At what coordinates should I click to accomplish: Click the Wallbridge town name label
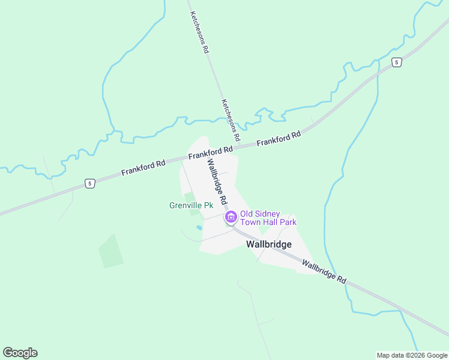coord(268,244)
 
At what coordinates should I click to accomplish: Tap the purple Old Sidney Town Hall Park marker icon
coord(230,217)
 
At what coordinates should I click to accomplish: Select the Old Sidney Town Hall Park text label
coord(268,218)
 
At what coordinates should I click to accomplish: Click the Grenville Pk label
coord(191,205)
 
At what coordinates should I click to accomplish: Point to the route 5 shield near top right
coord(396,62)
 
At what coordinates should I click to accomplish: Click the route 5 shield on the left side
coord(89,183)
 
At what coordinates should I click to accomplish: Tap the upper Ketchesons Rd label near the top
coord(199,32)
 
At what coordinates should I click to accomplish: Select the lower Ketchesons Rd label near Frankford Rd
coord(231,120)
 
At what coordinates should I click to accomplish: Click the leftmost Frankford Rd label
coord(143,167)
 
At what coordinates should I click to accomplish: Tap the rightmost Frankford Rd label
coord(279,139)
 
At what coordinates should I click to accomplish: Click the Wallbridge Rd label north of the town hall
coord(217,180)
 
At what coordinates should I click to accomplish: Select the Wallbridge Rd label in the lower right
coord(324,272)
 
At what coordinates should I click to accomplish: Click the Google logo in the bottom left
coord(20,353)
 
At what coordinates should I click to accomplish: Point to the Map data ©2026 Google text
coord(412,355)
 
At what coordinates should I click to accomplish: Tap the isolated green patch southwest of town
coord(110,251)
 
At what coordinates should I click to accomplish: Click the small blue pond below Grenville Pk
coord(199,227)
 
